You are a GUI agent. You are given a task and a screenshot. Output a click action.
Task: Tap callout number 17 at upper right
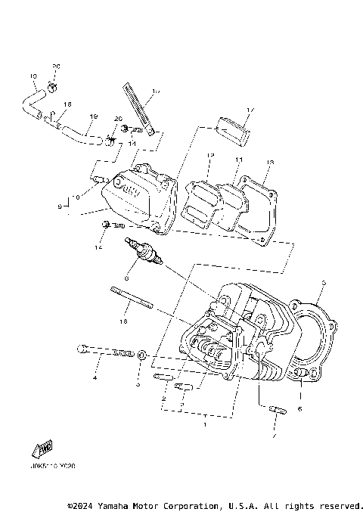pyautogui.click(x=250, y=110)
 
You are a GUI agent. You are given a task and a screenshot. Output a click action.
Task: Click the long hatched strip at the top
pyautogui.click(x=138, y=110)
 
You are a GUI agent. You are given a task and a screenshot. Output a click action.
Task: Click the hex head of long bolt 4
pyautogui.click(x=81, y=349)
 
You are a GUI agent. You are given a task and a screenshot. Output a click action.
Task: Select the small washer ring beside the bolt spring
pyautogui.click(x=141, y=354)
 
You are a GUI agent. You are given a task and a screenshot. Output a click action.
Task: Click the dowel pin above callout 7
pyautogui.click(x=277, y=411)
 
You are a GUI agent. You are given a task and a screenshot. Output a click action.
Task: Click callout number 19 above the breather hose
pyautogui.click(x=93, y=116)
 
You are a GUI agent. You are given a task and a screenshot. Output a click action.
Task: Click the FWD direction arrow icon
pyautogui.click(x=41, y=448)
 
